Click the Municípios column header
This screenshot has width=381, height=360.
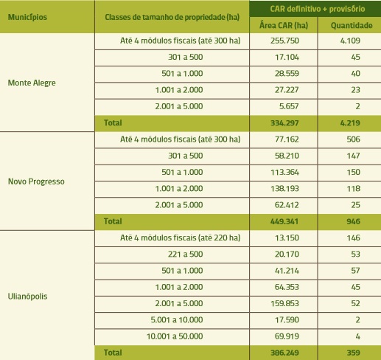click(27, 17)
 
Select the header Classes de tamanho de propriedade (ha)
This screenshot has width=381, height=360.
click(172, 17)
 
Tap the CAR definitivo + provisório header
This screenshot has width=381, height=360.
click(318, 9)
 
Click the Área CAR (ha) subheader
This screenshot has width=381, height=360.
click(284, 25)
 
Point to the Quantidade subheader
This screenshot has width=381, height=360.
click(352, 25)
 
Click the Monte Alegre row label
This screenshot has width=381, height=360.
click(32, 83)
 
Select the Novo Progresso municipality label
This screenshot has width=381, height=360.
click(36, 181)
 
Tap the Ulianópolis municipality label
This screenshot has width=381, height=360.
click(27, 296)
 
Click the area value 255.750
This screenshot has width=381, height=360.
click(284, 41)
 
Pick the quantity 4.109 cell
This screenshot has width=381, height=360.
click(350, 41)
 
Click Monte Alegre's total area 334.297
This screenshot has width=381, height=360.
click(284, 122)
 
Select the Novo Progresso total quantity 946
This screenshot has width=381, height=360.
click(353, 221)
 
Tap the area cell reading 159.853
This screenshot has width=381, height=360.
click(284, 303)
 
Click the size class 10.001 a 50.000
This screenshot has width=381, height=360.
click(175, 336)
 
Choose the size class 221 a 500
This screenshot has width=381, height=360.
click(186, 254)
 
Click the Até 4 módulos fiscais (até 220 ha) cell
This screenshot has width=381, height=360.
click(180, 238)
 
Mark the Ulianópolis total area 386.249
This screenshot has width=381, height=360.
click(284, 353)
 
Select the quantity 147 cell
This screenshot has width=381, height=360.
click(353, 156)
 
